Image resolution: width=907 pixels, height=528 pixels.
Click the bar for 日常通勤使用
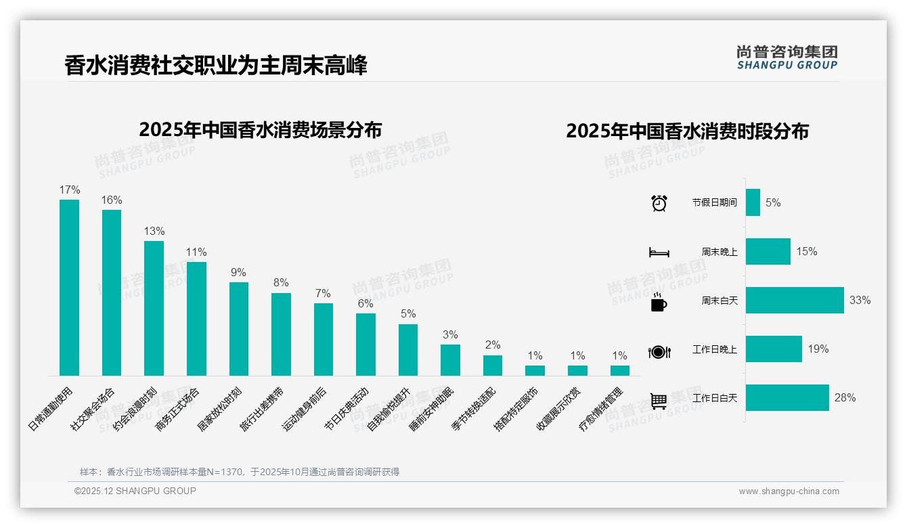pyautogui.click(x=69, y=287)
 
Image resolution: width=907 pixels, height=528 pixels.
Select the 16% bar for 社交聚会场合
pyautogui.click(x=112, y=292)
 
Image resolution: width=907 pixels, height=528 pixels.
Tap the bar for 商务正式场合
pyautogui.click(x=196, y=318)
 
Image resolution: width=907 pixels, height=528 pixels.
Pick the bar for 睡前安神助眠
pyautogui.click(x=450, y=360)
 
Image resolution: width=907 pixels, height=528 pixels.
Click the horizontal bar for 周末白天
pyautogui.click(x=795, y=300)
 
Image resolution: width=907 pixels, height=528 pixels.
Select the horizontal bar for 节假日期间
pyautogui.click(x=753, y=202)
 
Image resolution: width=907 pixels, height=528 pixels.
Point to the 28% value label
pyautogui.click(x=845, y=398)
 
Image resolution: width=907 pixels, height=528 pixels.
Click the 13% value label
pyautogui.click(x=154, y=232)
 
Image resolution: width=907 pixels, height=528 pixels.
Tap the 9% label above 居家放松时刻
pyautogui.click(x=238, y=273)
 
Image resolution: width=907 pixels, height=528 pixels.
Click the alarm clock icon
pyautogui.click(x=659, y=203)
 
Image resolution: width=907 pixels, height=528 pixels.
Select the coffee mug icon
pyautogui.click(x=659, y=302)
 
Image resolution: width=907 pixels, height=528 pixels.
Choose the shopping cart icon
pyautogui.click(x=659, y=401)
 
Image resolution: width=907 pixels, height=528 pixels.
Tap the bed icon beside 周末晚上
pyautogui.click(x=659, y=252)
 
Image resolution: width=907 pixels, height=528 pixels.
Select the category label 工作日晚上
pyautogui.click(x=714, y=349)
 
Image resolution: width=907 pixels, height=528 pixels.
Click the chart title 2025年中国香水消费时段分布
pyautogui.click(x=687, y=131)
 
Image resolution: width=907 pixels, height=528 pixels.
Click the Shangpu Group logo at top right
pyautogui.click(x=787, y=57)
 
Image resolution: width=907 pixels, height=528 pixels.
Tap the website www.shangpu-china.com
pyautogui.click(x=789, y=491)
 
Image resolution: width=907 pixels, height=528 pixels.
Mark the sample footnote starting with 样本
pyautogui.click(x=240, y=472)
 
